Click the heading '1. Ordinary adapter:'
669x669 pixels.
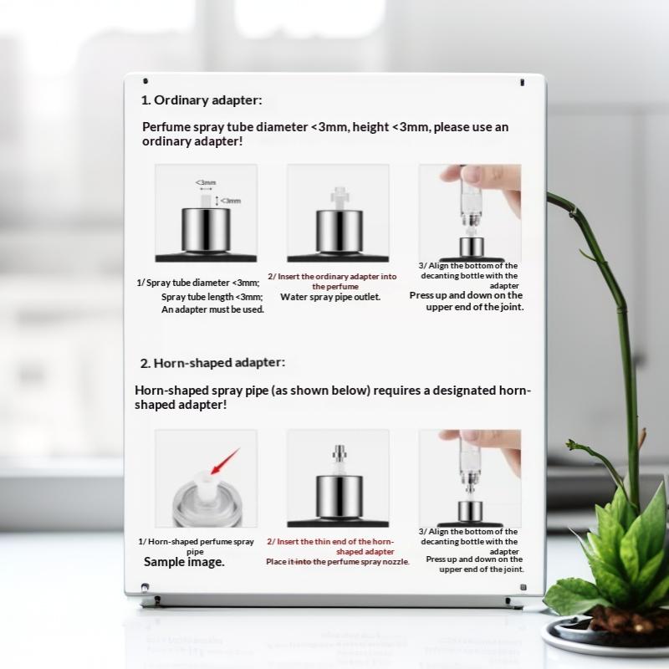pyautogui.click(x=202, y=100)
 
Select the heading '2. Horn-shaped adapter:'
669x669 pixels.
pyautogui.click(x=212, y=363)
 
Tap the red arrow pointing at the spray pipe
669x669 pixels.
pyautogui.click(x=225, y=462)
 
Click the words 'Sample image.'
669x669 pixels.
pyautogui.click(x=184, y=562)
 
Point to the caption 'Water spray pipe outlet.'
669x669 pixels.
pyautogui.click(x=330, y=297)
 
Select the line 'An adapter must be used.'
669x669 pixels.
pyautogui.click(x=212, y=309)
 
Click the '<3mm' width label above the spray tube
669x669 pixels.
pyautogui.click(x=206, y=182)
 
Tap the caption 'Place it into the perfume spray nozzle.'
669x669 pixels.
pyautogui.click(x=338, y=562)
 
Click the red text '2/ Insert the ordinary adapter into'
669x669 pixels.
pyautogui.click(x=332, y=277)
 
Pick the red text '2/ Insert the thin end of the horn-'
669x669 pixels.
pyautogui.click(x=330, y=542)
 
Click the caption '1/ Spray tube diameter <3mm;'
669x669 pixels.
pyautogui.click(x=198, y=283)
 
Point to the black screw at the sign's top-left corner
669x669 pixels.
pyautogui.click(x=146, y=80)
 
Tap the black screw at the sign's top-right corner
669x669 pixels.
pyautogui.click(x=522, y=82)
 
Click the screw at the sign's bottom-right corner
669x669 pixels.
pyautogui.click(x=523, y=588)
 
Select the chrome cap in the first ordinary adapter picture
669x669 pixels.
pyautogui.click(x=206, y=230)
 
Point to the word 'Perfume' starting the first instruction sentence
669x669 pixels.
pyautogui.click(x=166, y=127)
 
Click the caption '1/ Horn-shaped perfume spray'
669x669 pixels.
pyautogui.click(x=196, y=542)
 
